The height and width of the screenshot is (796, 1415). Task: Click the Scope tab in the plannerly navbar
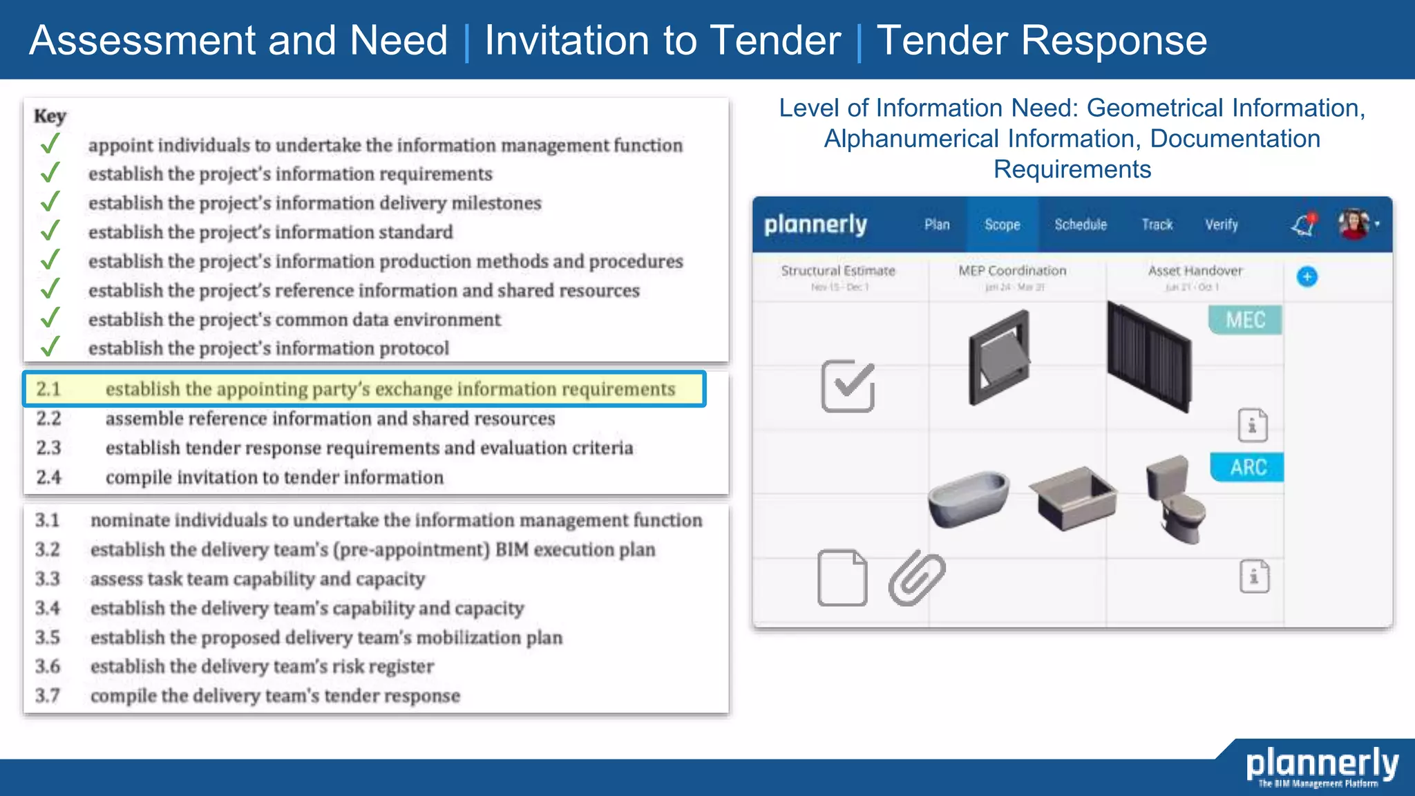(x=1002, y=225)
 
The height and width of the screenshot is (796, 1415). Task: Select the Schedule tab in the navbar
(x=1080, y=225)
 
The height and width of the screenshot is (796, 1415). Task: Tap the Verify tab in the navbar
(x=1221, y=225)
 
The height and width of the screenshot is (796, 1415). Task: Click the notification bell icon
(x=1304, y=225)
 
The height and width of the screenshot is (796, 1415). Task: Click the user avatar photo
(x=1354, y=224)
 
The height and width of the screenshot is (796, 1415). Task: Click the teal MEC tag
(x=1245, y=320)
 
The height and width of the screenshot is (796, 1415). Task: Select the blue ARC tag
(x=1248, y=467)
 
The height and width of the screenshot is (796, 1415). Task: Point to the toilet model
(x=1176, y=499)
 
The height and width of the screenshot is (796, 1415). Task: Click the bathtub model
(x=968, y=499)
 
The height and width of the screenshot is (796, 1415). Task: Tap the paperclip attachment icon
(x=917, y=578)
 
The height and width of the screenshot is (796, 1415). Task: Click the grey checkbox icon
(x=848, y=386)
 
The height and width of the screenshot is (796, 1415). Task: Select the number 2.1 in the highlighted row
(x=49, y=389)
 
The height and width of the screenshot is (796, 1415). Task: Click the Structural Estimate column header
(x=838, y=271)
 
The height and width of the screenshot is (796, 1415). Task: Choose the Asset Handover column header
(x=1195, y=271)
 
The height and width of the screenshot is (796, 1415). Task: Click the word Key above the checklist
(x=50, y=116)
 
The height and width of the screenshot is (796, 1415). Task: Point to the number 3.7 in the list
(x=48, y=695)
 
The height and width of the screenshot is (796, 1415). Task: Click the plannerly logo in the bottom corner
(x=1321, y=766)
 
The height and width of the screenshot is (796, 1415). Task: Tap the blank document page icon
(x=842, y=578)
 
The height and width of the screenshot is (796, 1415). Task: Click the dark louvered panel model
(x=1149, y=356)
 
